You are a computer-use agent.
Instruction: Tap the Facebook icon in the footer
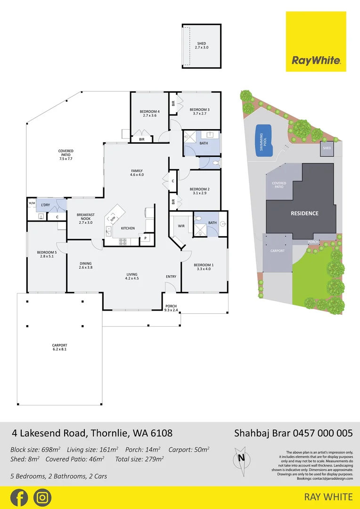[x=19, y=497]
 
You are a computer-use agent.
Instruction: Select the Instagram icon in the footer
[x=42, y=497]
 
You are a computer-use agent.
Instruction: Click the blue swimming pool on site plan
[x=264, y=140]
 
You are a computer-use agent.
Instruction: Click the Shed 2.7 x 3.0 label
[x=201, y=46]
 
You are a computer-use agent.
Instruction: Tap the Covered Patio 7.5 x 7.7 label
[x=65, y=155]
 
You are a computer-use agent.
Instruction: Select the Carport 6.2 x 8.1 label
[x=59, y=347]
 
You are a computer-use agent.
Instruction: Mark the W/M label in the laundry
[x=32, y=204]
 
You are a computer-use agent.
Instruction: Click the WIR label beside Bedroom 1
[x=181, y=226]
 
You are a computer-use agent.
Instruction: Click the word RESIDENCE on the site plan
[x=304, y=213]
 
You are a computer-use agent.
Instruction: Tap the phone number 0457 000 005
[x=323, y=433]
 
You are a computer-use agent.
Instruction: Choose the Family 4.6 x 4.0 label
[x=137, y=172]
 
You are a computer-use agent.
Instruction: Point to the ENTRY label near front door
[x=171, y=277]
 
